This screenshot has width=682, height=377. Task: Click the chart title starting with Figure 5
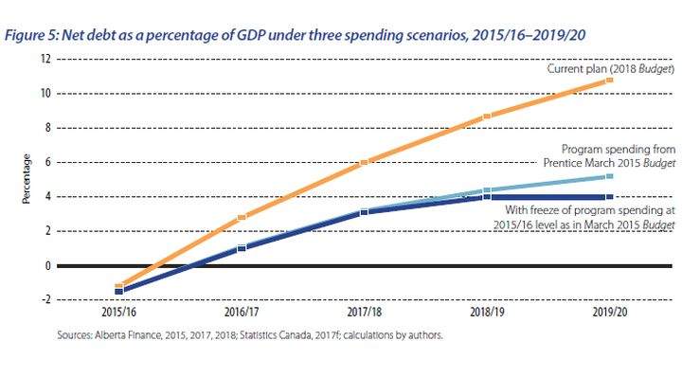tap(295, 35)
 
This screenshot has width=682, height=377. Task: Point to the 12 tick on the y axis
tap(45, 59)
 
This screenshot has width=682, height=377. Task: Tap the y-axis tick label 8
tap(48, 128)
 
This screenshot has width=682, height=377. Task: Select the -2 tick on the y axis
tap(45, 299)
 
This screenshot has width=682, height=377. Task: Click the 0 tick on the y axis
tap(48, 265)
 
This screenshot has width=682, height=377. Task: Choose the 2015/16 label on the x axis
tap(118, 312)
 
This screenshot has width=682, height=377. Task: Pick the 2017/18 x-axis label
tap(365, 312)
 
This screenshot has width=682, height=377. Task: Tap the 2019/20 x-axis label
tap(610, 312)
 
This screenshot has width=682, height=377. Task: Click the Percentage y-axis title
tap(27, 179)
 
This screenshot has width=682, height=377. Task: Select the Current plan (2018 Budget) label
tap(611, 69)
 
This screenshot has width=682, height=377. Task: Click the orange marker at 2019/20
tap(609, 80)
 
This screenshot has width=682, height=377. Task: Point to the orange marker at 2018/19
tap(487, 117)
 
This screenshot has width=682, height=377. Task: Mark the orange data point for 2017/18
tap(365, 163)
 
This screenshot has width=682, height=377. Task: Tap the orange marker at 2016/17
tap(242, 218)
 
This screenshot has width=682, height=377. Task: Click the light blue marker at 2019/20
tap(609, 176)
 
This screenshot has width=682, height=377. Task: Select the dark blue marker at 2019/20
tap(609, 197)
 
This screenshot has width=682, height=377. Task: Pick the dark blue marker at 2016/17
tap(242, 248)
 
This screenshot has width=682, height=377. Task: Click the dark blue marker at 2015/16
tap(118, 292)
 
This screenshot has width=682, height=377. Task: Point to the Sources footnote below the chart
tap(250, 335)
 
